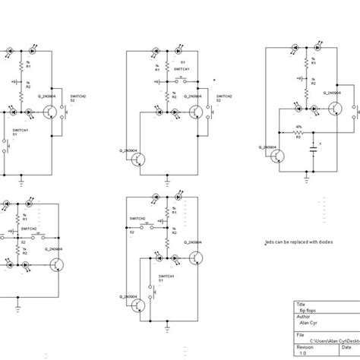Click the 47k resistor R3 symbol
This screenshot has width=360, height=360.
298,132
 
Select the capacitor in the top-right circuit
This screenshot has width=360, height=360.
312,150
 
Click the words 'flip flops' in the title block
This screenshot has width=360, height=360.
307,311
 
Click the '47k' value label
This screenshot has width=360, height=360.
298,127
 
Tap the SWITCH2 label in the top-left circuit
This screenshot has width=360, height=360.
77,97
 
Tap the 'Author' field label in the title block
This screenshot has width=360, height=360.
303,317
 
